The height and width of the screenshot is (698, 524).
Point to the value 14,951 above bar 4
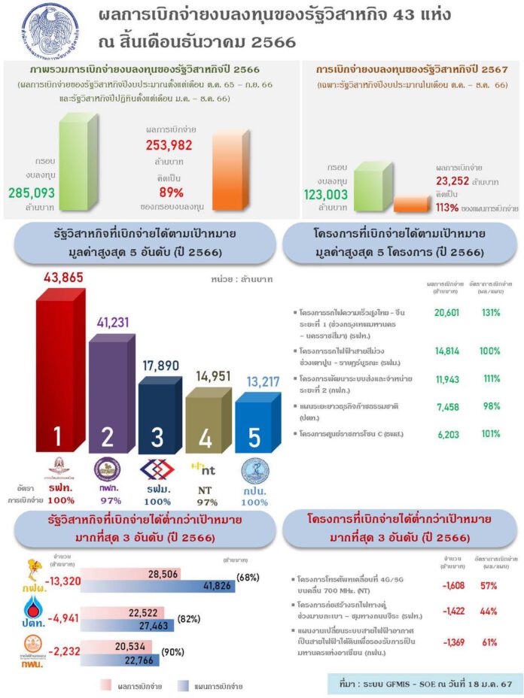[x=209, y=375]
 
